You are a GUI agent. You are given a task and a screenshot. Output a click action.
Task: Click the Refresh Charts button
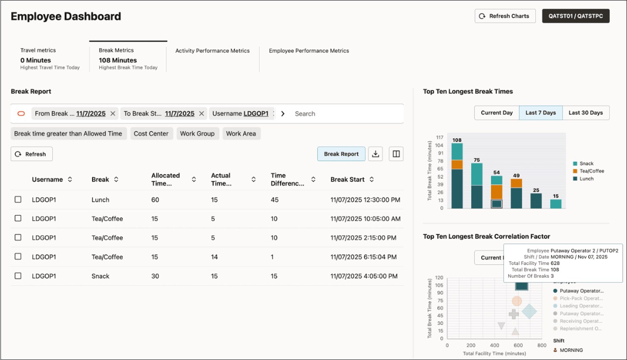pos(505,16)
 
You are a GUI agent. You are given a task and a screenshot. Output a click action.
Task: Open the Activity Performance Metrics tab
pos(212,51)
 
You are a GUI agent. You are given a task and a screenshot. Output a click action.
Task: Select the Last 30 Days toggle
pos(586,113)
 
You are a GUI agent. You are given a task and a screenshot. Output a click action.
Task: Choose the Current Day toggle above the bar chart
pos(497,113)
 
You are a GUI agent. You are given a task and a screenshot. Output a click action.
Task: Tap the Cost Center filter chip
pos(151,133)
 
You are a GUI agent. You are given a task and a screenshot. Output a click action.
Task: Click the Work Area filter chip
pos(241,133)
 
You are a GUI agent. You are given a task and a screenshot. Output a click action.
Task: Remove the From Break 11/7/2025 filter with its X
pos(113,114)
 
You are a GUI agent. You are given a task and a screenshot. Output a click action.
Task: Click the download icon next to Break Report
pos(375,154)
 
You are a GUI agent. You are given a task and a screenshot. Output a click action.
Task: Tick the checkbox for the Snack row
pos(18,276)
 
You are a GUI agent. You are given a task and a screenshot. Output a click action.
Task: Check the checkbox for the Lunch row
pos(18,200)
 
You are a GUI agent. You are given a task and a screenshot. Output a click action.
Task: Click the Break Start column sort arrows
pos(372,179)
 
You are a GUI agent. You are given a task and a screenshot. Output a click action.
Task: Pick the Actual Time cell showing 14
pos(214,257)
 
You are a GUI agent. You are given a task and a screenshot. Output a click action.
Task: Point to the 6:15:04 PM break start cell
pos(364,257)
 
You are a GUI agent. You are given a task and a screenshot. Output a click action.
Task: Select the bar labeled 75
pos(477,186)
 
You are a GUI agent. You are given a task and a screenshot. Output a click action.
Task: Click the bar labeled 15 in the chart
pos(556,204)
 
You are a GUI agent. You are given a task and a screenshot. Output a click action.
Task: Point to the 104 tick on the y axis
pos(439,145)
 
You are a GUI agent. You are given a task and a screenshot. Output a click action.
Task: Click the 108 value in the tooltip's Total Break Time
pos(554,270)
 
